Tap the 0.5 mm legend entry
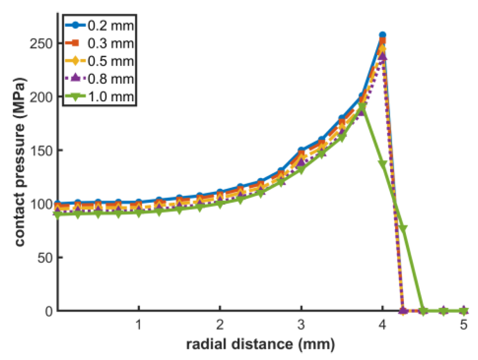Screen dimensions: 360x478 click(115, 61)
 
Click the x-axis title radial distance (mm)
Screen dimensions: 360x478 click(260, 344)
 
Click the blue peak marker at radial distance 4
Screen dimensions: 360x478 click(382, 35)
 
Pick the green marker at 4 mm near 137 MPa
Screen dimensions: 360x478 click(382, 164)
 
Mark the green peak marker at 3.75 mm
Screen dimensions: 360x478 click(362, 109)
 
